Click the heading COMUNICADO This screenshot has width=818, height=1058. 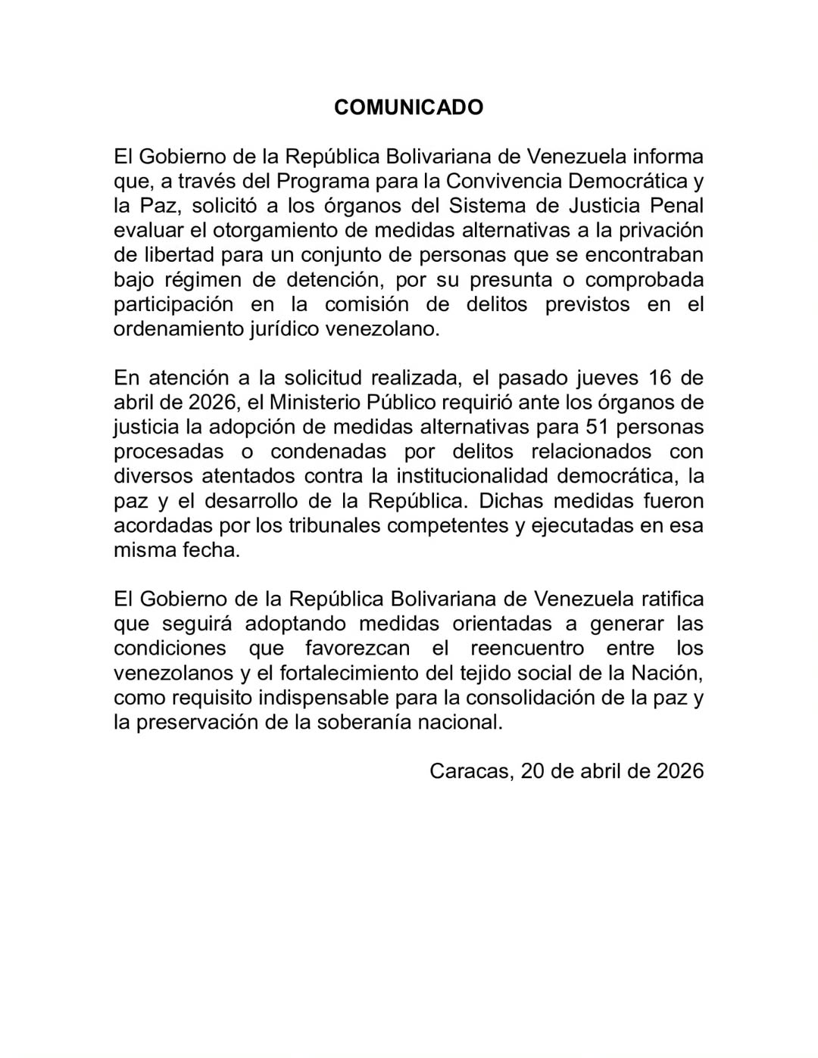pyautogui.click(x=408, y=107)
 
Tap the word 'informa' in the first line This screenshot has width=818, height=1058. pyautogui.click(x=669, y=157)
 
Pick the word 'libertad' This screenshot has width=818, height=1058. pyautogui.click(x=183, y=255)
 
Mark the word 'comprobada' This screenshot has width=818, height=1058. pyautogui.click(x=645, y=279)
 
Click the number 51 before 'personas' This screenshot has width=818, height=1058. pyautogui.click(x=598, y=427)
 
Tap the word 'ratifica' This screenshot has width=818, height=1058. pyautogui.click(x=673, y=599)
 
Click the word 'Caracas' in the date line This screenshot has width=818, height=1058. pyautogui.click(x=472, y=771)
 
